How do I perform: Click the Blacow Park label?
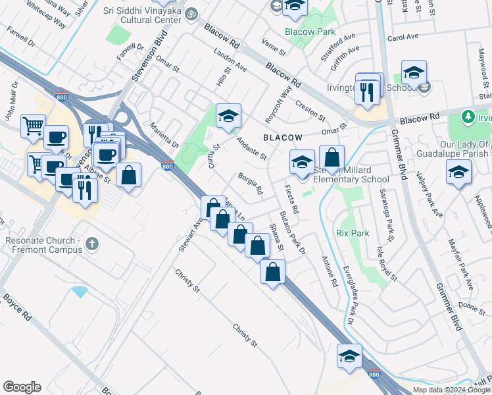coord(310,32)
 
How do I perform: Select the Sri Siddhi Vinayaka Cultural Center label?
coord(142,16)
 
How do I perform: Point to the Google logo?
coord(22,387)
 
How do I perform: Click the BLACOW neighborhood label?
coord(283,138)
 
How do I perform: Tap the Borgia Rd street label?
coord(251,185)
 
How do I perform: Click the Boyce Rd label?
coord(17,307)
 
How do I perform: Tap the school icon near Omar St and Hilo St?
coord(228,117)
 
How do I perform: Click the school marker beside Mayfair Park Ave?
coord(458,172)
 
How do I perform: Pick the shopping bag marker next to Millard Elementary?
coord(332,158)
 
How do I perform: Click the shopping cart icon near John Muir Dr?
coord(33,124)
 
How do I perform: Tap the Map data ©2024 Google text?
coord(452,390)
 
